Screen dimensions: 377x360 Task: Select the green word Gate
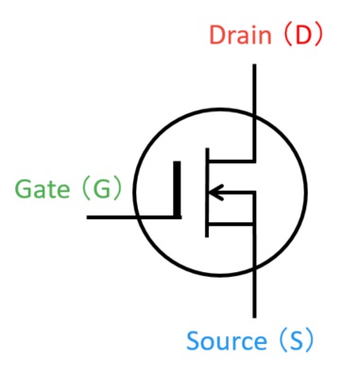click(x=41, y=189)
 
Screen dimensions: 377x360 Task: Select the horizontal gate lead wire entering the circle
click(x=123, y=217)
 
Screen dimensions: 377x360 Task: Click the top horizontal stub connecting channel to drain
click(x=230, y=158)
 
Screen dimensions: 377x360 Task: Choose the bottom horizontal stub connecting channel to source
click(x=230, y=225)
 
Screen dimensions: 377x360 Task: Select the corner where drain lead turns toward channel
click(x=254, y=158)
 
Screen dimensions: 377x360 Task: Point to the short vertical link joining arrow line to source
click(x=254, y=208)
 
